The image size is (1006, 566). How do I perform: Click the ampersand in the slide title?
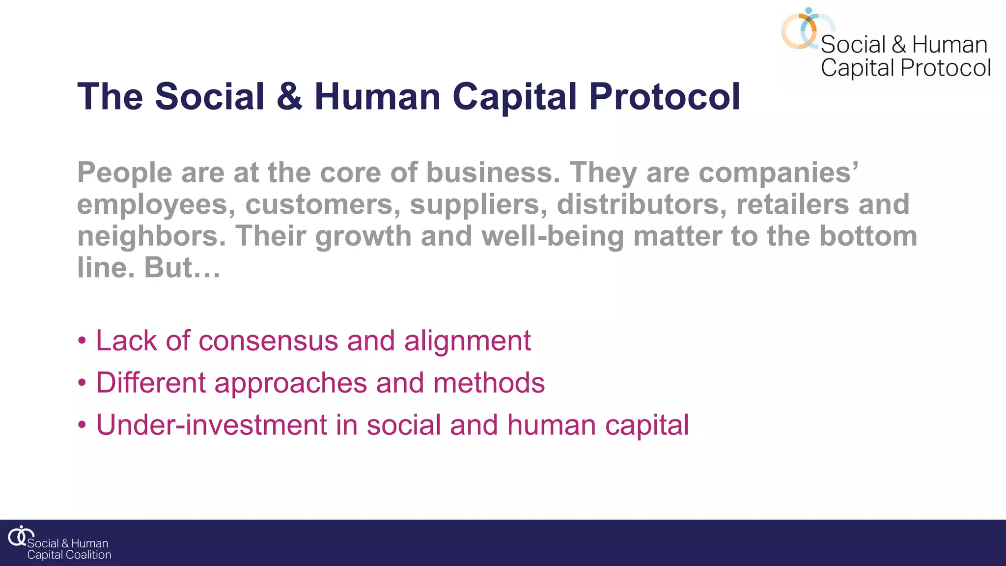tap(289, 97)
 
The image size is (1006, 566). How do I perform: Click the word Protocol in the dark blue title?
tap(664, 97)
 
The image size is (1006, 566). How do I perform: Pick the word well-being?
tap(553, 236)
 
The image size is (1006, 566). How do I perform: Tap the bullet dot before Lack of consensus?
tap(82, 340)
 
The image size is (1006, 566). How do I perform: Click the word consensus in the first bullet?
tap(268, 340)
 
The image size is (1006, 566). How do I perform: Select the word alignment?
tap(467, 340)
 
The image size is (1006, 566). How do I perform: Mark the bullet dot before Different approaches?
tap(82, 383)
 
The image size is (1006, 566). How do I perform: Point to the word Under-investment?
tap(211, 425)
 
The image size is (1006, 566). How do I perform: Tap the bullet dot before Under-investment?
tap(82, 425)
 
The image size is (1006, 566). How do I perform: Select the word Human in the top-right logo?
tap(950, 45)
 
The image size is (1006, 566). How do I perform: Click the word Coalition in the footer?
tap(89, 555)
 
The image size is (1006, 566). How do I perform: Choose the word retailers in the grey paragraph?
tap(792, 204)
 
